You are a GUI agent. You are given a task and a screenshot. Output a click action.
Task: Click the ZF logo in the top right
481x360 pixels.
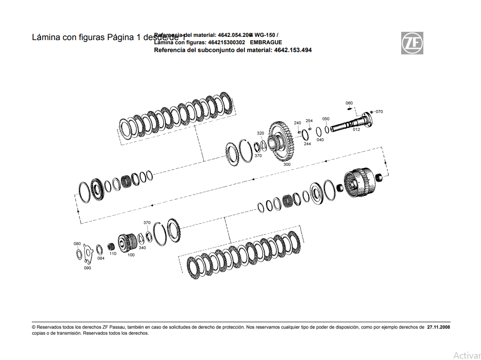point(411,43)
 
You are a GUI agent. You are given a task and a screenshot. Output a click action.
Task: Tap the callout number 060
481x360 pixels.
point(349,103)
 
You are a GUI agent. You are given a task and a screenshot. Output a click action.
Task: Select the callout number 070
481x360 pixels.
point(379,112)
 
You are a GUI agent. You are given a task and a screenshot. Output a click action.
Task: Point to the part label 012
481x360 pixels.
point(356,130)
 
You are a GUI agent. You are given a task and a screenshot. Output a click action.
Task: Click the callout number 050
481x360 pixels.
point(326,119)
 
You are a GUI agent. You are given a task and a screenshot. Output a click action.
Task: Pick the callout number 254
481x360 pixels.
point(309,121)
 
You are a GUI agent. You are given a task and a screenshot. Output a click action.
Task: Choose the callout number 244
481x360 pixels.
point(307,144)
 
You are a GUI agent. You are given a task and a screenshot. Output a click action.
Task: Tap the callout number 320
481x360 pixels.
point(261,133)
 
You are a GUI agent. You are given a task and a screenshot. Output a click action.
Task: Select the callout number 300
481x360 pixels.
point(287,164)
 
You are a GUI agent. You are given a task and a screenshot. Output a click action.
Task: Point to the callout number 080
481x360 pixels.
point(77,243)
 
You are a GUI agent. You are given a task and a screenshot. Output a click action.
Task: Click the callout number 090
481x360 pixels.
point(87,268)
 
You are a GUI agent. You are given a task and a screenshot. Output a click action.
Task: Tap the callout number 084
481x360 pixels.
point(101,258)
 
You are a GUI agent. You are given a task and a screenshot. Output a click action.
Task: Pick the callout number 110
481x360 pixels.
point(113,254)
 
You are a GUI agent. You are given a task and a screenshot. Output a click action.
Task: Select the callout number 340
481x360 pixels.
point(142,248)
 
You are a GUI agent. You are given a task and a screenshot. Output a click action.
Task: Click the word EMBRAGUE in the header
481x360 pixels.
point(266,42)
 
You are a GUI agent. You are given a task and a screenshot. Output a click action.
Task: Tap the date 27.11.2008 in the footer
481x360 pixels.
point(438,327)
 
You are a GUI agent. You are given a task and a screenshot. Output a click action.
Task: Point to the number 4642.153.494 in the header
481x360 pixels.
point(293,50)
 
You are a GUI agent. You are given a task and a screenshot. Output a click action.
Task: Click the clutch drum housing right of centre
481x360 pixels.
point(361,183)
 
